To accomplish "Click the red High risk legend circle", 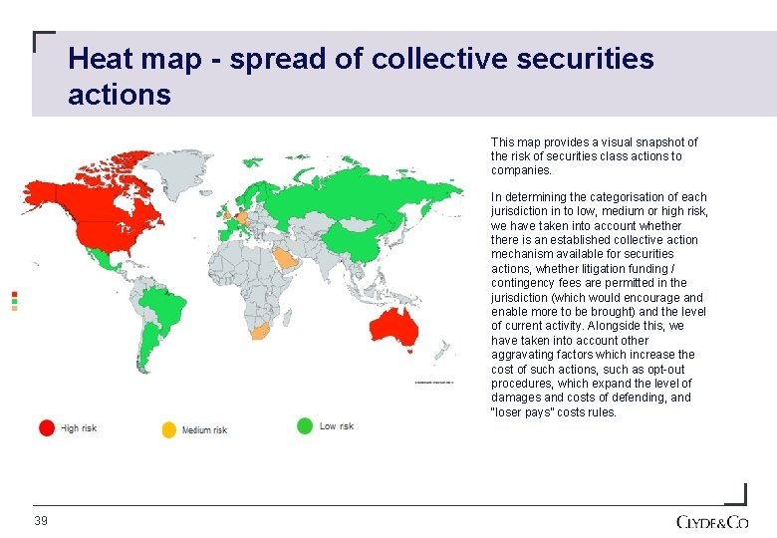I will (x=47, y=427).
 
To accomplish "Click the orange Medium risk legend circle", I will (x=168, y=429).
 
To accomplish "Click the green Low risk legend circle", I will (x=305, y=425).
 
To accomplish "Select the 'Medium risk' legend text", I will (x=204, y=430).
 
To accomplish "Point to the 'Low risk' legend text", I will (x=337, y=426).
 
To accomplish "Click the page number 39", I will (x=41, y=521).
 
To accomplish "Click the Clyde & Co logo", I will (x=711, y=522).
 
